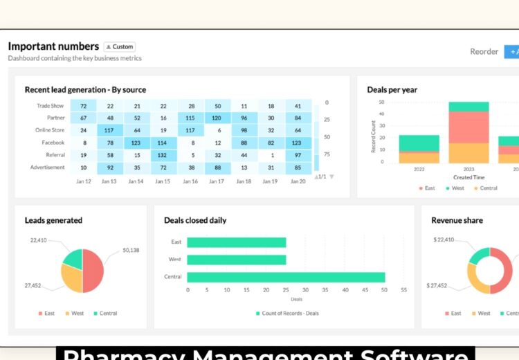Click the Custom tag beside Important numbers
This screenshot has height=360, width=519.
pos(120,47)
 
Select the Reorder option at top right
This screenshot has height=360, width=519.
pos(484,51)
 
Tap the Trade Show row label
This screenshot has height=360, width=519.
pos(51,106)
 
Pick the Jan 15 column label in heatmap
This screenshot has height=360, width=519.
pos(163,181)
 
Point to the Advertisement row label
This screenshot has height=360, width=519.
pos(48,168)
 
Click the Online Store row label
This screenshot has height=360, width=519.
pos(50,130)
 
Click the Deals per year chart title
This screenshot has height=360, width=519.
pos(392,90)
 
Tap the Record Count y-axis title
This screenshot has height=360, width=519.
pos(374,135)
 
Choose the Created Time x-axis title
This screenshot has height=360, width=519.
pos(468,177)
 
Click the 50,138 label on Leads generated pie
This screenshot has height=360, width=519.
pos(131,250)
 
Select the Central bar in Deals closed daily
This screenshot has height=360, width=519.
pos(285,277)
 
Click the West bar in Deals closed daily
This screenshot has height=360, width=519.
pos(236,260)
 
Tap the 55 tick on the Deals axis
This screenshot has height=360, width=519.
pos(403,290)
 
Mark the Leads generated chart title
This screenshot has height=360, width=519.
pos(53,221)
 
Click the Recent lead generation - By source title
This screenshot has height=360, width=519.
pos(85,90)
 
